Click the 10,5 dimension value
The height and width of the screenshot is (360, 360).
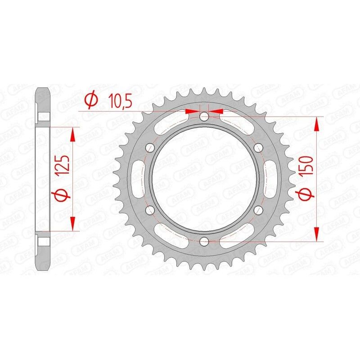click(119, 102)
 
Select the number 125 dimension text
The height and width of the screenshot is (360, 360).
click(62, 167)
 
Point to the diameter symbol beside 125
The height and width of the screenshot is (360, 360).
click(62, 196)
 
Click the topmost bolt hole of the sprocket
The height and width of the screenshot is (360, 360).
click(204, 117)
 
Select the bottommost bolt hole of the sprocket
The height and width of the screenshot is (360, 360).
click(204, 241)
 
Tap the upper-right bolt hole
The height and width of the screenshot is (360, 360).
click(258, 148)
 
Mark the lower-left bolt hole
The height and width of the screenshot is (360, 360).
click(150, 210)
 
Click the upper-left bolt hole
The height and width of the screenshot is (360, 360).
click(150, 148)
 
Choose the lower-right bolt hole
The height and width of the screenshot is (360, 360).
click(258, 210)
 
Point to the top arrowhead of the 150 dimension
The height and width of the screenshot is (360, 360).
click(318, 122)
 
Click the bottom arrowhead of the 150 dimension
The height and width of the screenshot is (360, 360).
click(318, 236)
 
